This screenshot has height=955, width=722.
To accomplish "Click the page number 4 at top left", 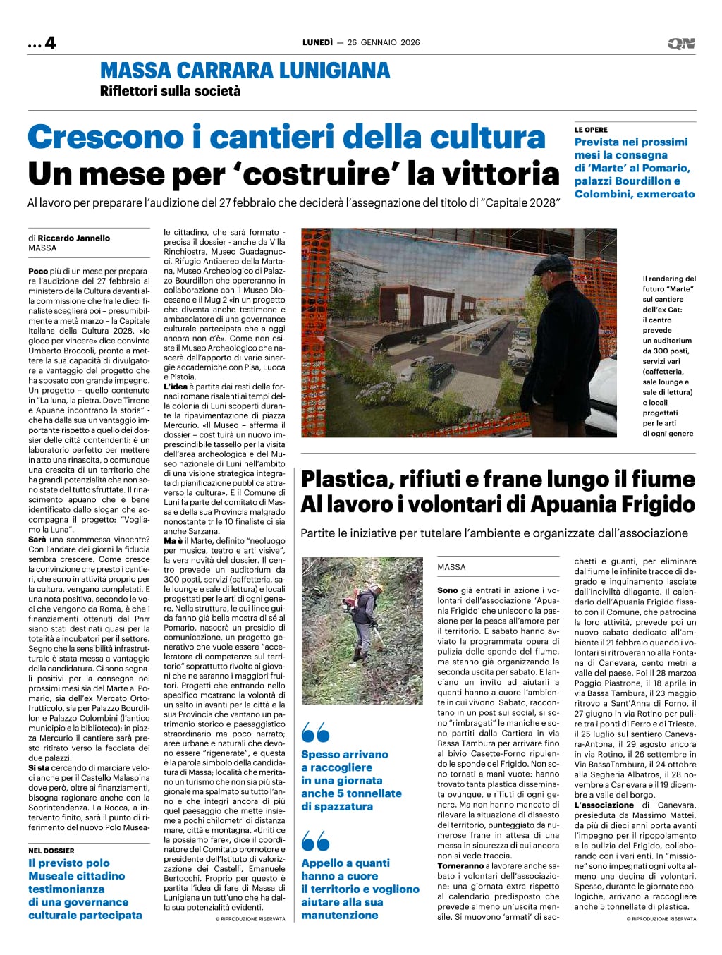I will pyautogui.click(x=50, y=42).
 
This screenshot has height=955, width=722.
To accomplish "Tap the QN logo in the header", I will pyautogui.click(x=680, y=44).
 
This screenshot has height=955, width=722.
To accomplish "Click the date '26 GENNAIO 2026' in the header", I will pyautogui.click(x=384, y=42).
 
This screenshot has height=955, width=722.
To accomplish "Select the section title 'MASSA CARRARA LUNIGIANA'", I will pyautogui.click(x=245, y=71).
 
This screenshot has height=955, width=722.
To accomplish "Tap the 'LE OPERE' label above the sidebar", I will pyautogui.click(x=591, y=130).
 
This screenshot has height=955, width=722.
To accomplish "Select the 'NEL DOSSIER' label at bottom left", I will pyautogui.click(x=51, y=851).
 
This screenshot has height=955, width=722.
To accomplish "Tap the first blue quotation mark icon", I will pyautogui.click(x=315, y=734).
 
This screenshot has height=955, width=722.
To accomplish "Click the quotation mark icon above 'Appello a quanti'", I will pyautogui.click(x=315, y=841).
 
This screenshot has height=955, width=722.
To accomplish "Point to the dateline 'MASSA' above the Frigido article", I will pyautogui.click(x=451, y=567).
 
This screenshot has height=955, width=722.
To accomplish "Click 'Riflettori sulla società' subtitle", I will pyautogui.click(x=170, y=91).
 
